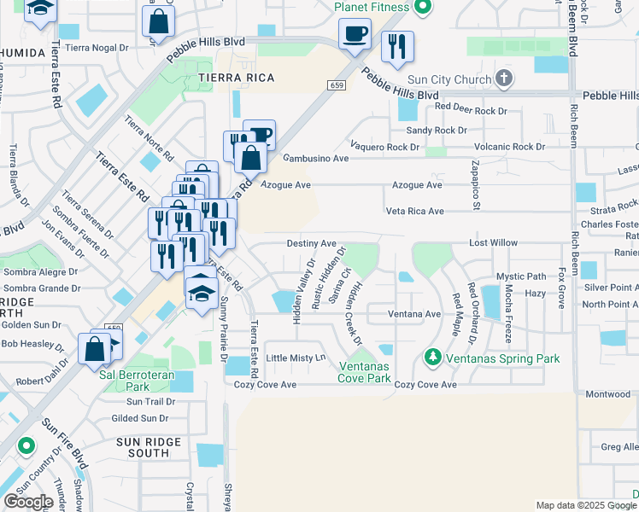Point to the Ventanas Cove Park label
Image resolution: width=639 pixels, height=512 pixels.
(363, 371)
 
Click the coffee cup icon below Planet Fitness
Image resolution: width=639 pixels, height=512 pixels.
(355, 35)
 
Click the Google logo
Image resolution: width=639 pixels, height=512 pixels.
(28, 502)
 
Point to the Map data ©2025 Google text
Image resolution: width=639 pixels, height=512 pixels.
(586, 505)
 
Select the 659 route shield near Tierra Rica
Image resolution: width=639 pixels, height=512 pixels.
(336, 85)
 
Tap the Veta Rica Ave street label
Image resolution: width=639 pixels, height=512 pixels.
(414, 211)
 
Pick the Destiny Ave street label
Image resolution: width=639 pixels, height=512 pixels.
(311, 243)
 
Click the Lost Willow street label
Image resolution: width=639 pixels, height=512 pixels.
(493, 243)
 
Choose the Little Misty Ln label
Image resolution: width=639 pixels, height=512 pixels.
(296, 358)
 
